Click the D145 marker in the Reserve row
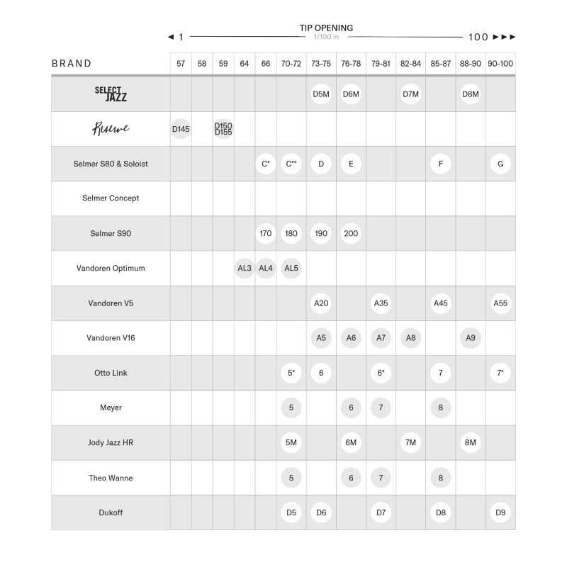pyautogui.click(x=181, y=129)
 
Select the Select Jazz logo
pyautogui.click(x=111, y=94)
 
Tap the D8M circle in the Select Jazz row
pyautogui.click(x=471, y=94)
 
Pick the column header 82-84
pyautogui.click(x=410, y=64)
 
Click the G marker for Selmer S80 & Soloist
pyautogui.click(x=500, y=164)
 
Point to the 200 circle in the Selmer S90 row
pyautogui.click(x=351, y=233)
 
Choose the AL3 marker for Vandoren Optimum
pyautogui.click(x=245, y=268)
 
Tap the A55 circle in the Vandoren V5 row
pyautogui.click(x=500, y=303)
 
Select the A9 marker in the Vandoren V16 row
pyautogui.click(x=471, y=338)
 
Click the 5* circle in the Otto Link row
pyautogui.click(x=291, y=373)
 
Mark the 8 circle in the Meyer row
pyautogui.click(x=441, y=408)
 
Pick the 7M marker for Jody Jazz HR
pyautogui.click(x=410, y=442)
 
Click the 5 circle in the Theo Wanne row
pyautogui.click(x=291, y=478)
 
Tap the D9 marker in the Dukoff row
pyautogui.click(x=500, y=512)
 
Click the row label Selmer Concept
pyautogui.click(x=111, y=198)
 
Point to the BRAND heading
pyautogui.click(x=72, y=64)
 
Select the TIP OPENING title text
pyautogui.click(x=326, y=28)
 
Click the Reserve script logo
pyautogui.click(x=111, y=129)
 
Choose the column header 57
pyautogui.click(x=181, y=64)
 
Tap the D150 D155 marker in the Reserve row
pyautogui.click(x=223, y=129)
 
